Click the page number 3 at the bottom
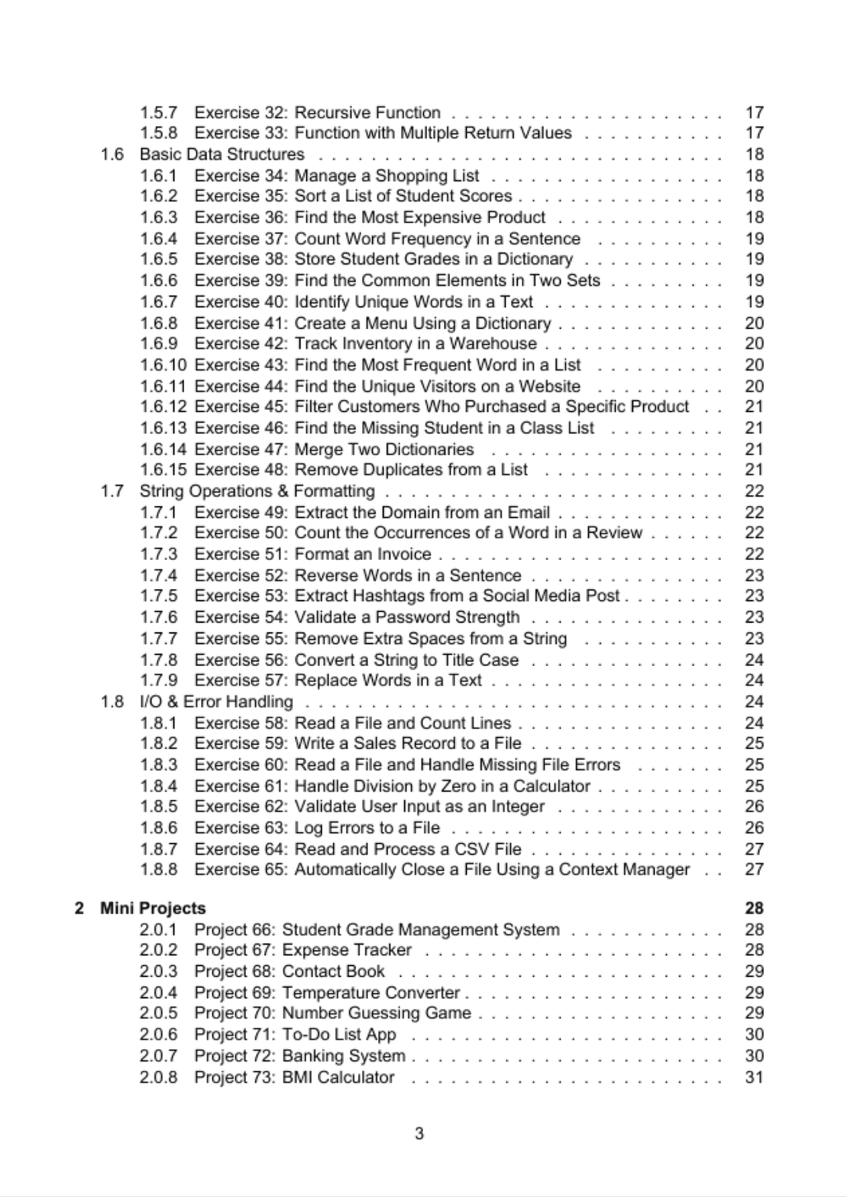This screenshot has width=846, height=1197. [x=419, y=1133]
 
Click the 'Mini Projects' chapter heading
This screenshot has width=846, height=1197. [x=153, y=908]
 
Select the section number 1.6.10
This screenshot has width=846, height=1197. [x=163, y=364]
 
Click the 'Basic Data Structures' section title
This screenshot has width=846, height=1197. [x=222, y=154]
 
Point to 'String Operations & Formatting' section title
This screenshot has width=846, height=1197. [x=257, y=491]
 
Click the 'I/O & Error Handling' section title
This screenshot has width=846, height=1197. [x=216, y=701]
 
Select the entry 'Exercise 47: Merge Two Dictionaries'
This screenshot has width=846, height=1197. [x=334, y=449]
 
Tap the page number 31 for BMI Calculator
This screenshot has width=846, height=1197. [x=754, y=1077]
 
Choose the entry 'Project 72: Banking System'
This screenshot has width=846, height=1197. [x=300, y=1056]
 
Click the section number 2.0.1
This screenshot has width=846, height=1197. [x=158, y=929]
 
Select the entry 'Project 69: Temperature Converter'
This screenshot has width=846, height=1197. [x=327, y=993]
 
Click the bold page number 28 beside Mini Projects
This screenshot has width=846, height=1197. [x=754, y=908]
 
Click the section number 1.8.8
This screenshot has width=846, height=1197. [x=158, y=869]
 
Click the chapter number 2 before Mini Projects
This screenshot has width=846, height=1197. [x=79, y=908]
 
